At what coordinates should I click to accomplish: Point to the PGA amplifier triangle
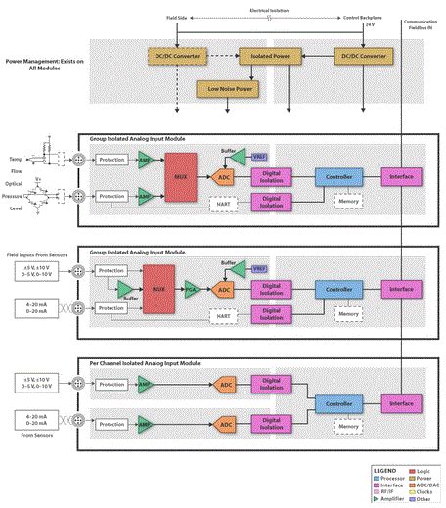tap(192, 290)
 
